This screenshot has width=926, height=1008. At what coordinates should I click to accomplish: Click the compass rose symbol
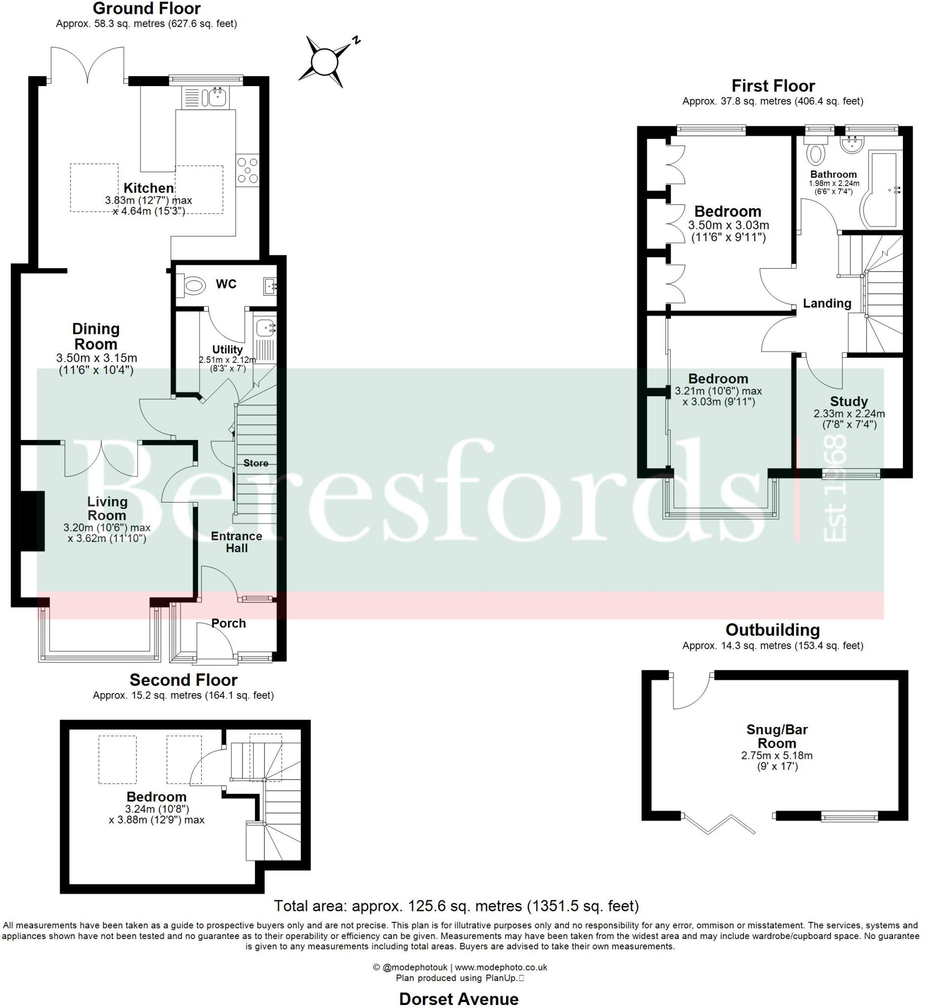coord(326,62)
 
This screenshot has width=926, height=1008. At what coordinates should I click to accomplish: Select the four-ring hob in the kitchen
coord(248,170)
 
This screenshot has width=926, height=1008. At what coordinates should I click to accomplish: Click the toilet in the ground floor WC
coord(193,286)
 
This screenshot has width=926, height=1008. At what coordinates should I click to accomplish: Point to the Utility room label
coord(227,349)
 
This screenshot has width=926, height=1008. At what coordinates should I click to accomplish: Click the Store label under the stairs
coord(255,464)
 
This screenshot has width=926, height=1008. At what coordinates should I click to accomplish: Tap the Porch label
coord(228,623)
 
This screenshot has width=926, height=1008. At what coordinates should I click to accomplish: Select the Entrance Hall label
coord(236,542)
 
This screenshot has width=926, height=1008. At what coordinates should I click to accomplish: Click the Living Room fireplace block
coord(32,521)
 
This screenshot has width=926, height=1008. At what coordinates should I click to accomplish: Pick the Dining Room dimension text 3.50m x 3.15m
coord(96,358)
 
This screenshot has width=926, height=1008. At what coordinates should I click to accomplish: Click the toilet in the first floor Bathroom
coord(816,154)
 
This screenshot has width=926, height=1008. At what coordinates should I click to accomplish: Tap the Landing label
coord(827,303)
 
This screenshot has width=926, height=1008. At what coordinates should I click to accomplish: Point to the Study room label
coord(849,401)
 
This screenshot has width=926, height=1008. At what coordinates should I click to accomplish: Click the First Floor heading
coord(773,86)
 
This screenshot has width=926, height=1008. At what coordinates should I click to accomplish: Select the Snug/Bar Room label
coord(777,736)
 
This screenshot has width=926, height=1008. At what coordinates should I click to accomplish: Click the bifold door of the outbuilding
coord(720,824)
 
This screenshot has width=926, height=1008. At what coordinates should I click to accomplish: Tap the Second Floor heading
coord(184,680)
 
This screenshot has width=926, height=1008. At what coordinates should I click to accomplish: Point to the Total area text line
coord(456,906)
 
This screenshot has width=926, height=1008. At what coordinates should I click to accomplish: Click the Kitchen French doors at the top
coord(88,65)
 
